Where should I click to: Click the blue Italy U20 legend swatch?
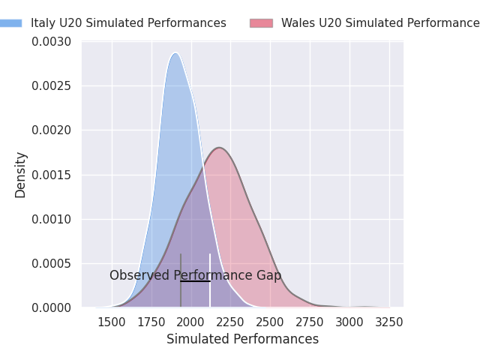click(11, 23)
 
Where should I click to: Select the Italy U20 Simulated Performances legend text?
click(128, 23)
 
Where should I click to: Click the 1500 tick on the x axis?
click(112, 322)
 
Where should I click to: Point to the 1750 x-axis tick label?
click(151, 322)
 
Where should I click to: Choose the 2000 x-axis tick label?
click(191, 322)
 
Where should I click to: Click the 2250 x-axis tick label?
click(230, 322)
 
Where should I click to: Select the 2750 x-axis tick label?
click(310, 322)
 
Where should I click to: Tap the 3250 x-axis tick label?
click(388, 322)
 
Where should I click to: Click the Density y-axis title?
click(21, 175)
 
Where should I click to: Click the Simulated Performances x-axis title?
click(242, 340)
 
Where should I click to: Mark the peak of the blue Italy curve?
click(175, 53)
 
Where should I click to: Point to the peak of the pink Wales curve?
click(219, 148)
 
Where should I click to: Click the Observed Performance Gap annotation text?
click(195, 276)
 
